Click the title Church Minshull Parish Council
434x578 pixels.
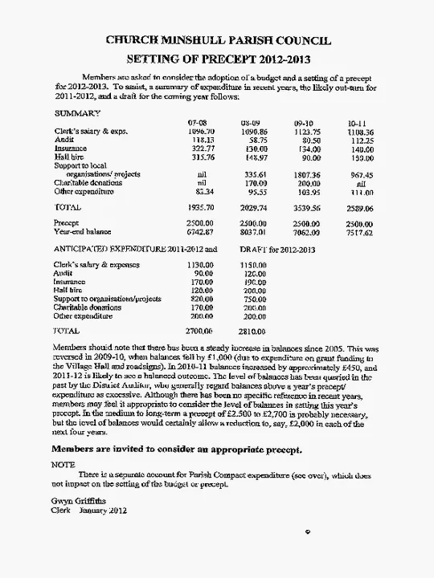coord(219,41)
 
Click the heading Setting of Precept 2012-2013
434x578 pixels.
coord(219,59)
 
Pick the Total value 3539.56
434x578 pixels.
coord(305,207)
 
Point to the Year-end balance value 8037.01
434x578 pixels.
coord(252,232)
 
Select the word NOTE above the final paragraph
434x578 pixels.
coord(63,465)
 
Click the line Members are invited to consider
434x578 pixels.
coord(177,450)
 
